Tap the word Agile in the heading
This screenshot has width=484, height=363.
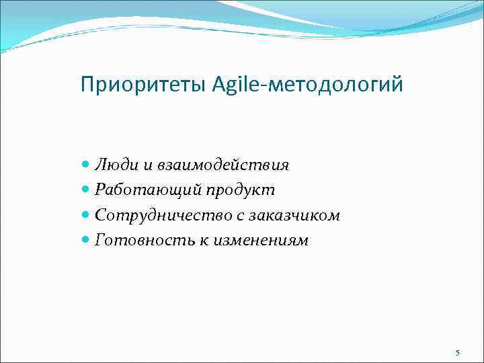[x=235, y=85]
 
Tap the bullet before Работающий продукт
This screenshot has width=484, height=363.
[x=85, y=190]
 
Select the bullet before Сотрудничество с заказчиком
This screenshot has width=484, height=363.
[x=85, y=215]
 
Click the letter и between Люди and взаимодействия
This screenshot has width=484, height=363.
[x=143, y=165]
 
